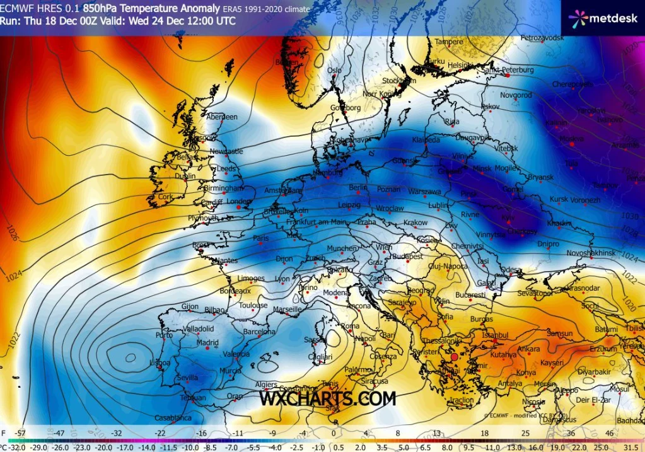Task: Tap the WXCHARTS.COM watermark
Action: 328,398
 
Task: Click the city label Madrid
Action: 207,343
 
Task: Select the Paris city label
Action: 261,238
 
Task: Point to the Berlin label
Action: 358,188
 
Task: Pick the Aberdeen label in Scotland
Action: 222,117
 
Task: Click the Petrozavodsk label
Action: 542,38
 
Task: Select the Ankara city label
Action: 528,349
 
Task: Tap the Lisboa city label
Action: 160,363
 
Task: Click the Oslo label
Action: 334,70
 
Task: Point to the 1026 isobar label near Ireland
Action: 11,232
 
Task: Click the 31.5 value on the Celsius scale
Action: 632,446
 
